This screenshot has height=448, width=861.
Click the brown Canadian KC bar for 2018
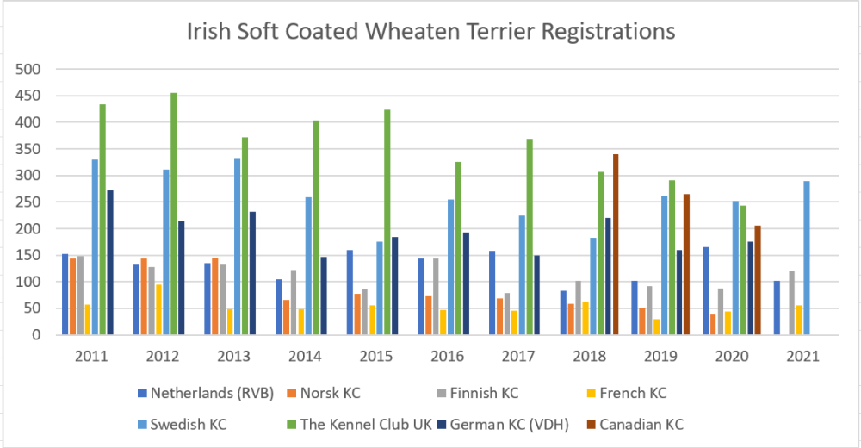click(616, 245)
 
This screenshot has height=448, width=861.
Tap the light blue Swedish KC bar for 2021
click(806, 258)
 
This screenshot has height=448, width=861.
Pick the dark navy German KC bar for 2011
click(110, 263)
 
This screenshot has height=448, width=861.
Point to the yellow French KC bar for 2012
click(159, 309)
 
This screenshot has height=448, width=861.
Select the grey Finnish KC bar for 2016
click(436, 296)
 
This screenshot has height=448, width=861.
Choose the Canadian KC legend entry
click(641, 424)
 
